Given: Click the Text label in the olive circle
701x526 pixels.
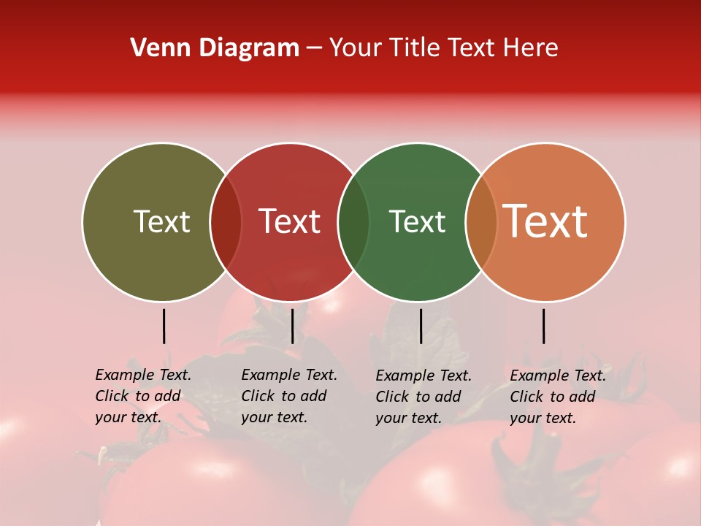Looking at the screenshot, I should [161, 221].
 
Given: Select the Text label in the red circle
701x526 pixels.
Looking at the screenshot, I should [290, 221].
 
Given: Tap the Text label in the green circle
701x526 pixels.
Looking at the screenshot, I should [418, 221].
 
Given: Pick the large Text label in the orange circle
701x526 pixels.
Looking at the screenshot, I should [545, 221].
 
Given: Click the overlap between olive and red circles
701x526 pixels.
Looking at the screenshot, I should [226, 221].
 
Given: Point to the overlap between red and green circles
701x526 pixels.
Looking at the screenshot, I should [353, 221].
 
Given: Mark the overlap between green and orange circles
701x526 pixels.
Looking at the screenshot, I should [481, 221].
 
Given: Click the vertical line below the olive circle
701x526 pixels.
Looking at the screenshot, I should [164, 326].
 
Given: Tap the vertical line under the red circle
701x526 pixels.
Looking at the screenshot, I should [292, 326].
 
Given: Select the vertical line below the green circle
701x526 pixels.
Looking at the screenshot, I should [421, 326].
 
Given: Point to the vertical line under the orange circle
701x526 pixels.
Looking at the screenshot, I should [544, 326].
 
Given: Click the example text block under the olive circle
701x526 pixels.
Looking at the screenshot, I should [143, 396].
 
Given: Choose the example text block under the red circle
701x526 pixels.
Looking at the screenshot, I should [289, 396].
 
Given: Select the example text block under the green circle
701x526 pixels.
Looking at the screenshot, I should [424, 397].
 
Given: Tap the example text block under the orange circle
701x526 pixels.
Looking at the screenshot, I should [558, 397].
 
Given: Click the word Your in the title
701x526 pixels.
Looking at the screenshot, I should [356, 48].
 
